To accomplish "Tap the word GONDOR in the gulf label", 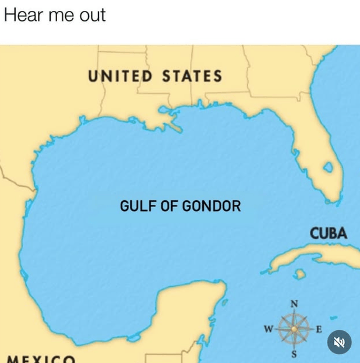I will click(212, 205).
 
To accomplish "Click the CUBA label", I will click(328, 233).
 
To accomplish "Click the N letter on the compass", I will click(294, 303).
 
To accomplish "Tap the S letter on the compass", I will click(294, 354).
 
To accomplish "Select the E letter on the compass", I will click(319, 328).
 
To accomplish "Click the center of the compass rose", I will click(294, 328).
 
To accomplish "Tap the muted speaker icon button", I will click(339, 342).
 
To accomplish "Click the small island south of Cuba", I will click(299, 273).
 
